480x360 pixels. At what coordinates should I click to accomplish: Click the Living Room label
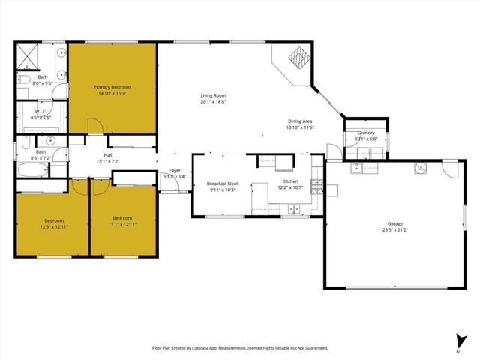click(x=213, y=95)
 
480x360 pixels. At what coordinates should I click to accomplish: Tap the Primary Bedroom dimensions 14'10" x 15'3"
click(x=112, y=93)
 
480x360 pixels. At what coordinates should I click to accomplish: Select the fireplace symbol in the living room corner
click(x=299, y=58)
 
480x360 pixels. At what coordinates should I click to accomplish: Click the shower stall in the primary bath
click(x=27, y=57)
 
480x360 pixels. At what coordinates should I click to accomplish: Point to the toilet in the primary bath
click(x=23, y=80)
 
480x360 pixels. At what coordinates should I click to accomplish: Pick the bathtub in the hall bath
click(x=33, y=169)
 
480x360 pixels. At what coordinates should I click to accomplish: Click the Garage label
click(x=395, y=223)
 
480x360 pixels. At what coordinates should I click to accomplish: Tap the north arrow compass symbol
click(x=460, y=342)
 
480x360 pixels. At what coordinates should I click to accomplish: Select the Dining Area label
click(x=300, y=121)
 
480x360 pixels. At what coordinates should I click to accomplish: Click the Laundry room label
click(x=366, y=133)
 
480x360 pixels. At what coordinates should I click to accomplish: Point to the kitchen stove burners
click(x=316, y=187)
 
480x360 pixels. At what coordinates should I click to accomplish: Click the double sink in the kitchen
click(x=294, y=209)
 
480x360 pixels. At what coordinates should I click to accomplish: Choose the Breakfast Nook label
click(x=223, y=184)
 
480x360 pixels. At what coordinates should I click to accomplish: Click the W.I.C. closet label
click(x=40, y=112)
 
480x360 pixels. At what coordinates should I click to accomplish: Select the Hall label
click(x=108, y=155)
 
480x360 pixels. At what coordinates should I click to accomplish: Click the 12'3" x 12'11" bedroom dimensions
click(x=54, y=227)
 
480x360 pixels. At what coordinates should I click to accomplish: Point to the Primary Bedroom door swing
click(x=95, y=126)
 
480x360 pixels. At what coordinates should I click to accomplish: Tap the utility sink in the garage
click(x=356, y=168)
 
